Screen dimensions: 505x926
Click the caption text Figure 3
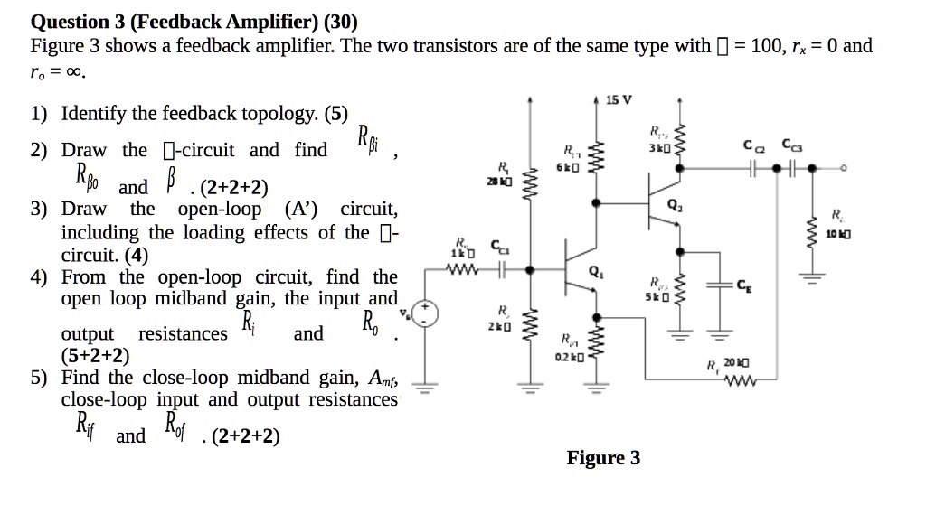pos(603,458)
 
